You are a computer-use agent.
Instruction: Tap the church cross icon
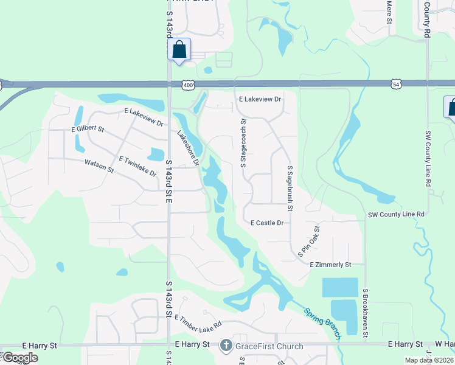pos(226,346)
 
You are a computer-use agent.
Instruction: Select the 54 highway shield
pos(396,84)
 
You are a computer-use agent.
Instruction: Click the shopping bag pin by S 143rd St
pos(179,49)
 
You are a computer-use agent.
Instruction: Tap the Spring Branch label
pos(322,320)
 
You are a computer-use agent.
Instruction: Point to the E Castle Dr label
pos(267,223)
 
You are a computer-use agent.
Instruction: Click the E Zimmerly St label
pos(330,265)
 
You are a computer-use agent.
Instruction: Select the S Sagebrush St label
pos(290,189)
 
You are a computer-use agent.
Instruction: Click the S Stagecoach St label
pos(243,145)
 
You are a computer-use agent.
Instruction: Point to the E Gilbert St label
pos(88,130)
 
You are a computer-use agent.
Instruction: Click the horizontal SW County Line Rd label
pos(395,215)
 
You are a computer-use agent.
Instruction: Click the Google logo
pos(19,358)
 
